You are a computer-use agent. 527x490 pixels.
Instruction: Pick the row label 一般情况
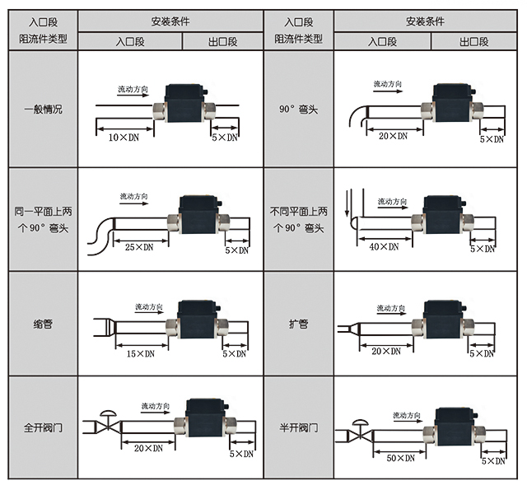coord(42,109)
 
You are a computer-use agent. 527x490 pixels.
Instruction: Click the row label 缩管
coord(42,324)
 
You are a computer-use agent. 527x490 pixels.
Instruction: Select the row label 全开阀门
coord(42,428)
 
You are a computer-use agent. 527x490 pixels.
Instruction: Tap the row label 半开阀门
coord(299,429)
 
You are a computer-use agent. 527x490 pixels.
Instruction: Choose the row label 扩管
coord(299,324)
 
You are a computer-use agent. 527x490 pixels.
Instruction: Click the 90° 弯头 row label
coord(299,109)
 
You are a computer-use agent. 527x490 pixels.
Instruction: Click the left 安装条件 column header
coord(170,21)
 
